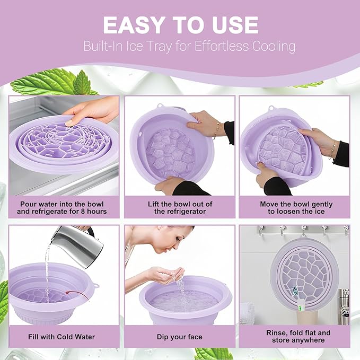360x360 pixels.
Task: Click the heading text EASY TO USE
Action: coord(180,25)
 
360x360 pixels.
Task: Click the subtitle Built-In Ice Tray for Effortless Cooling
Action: coord(189,46)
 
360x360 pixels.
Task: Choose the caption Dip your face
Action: coord(180,336)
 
